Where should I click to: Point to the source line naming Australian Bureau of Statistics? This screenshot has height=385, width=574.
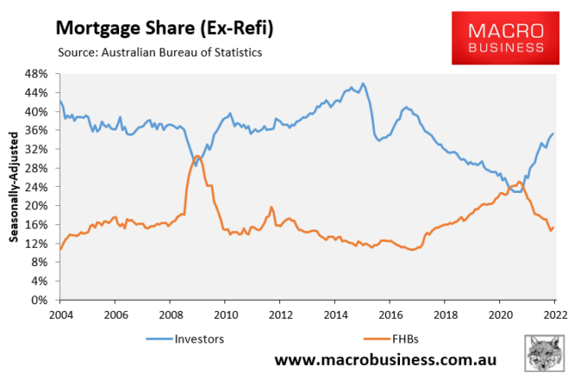160,53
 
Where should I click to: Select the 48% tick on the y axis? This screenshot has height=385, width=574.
40,74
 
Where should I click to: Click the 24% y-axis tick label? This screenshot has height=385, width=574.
40,187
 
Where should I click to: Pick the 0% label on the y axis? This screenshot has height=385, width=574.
43,300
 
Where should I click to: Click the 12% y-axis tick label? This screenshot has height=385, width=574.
40,243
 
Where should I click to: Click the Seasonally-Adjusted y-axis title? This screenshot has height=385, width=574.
15,186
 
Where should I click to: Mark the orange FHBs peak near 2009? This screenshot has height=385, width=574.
198,156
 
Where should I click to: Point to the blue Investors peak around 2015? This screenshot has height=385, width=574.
363,83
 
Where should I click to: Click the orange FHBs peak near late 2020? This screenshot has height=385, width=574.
519,182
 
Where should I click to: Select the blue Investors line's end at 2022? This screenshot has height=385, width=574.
554,133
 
